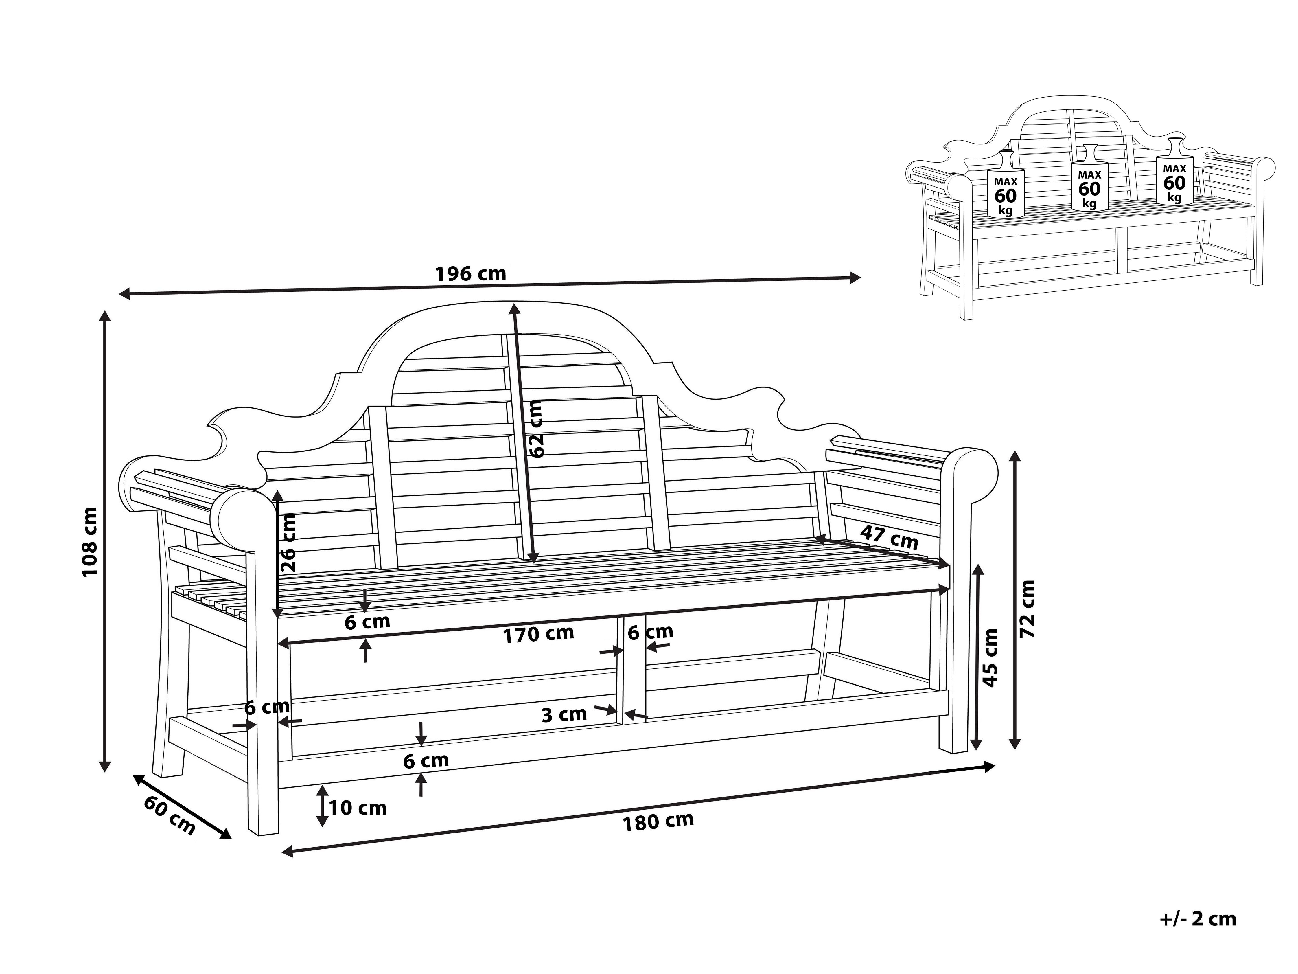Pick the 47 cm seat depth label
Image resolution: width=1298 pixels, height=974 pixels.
coord(889,538)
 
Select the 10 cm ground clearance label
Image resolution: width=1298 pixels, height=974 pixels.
coord(357,808)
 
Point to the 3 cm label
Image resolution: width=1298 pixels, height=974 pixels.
coord(564,714)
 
